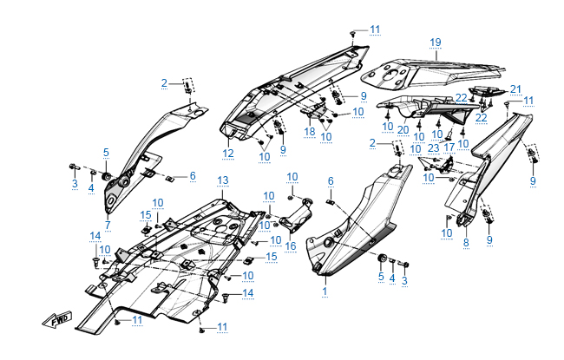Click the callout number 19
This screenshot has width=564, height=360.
435,42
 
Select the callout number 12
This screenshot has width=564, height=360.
228,154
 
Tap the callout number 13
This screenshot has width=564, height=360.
222,180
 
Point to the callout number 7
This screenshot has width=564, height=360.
108,226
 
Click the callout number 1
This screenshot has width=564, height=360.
325,292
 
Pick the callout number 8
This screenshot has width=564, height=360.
465,245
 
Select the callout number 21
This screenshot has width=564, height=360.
515,89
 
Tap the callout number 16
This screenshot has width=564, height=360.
290,246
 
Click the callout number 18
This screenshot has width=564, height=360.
310,130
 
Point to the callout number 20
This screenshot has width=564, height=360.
403,129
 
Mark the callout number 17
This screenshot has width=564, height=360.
449,146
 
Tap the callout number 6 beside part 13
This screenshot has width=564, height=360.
331,180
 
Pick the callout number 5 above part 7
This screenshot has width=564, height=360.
107,153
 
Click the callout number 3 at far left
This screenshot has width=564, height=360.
75,184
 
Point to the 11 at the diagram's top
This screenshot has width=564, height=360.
374,29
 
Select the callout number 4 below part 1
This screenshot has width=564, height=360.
392,278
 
